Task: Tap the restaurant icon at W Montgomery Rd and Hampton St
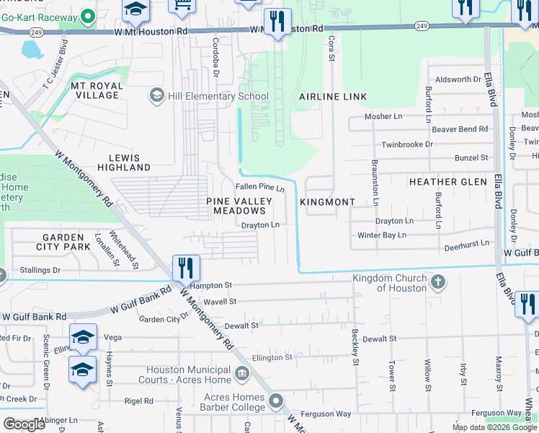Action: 185,268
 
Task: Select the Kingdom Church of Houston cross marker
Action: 437,283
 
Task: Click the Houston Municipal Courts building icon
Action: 243,374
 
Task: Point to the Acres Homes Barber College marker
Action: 275,401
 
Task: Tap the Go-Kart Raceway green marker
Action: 88,14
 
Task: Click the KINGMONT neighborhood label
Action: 327,202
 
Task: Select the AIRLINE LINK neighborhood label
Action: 333,97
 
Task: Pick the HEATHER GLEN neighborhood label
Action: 447,182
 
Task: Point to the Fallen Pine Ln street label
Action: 261,188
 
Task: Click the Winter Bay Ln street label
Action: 382,235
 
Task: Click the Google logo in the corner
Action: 24,424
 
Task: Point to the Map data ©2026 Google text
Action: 494,427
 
